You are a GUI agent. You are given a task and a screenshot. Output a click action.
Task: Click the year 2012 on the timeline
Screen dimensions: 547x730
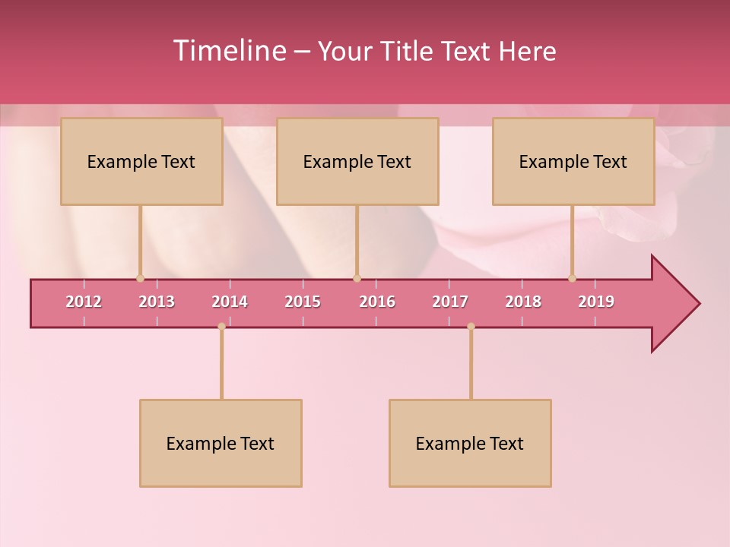coord(84,302)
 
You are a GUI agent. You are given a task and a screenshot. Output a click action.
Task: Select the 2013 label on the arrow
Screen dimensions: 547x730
coord(157,302)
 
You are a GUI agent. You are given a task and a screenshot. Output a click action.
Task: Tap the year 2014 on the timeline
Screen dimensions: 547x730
coord(230,302)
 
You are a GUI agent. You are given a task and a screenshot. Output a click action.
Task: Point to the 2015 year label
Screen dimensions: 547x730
coord(303,302)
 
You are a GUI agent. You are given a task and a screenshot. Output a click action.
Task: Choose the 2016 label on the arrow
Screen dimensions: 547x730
coord(377,302)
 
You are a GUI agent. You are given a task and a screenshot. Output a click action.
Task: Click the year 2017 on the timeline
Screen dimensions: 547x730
coord(450,302)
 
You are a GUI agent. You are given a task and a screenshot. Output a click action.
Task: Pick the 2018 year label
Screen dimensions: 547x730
coord(523,302)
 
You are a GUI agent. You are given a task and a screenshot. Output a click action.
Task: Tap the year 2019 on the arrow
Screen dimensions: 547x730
coord(596,302)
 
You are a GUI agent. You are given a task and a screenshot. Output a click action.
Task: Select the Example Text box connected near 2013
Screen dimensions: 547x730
coord(141,162)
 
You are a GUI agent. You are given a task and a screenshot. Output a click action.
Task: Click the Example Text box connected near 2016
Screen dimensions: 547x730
coord(357,162)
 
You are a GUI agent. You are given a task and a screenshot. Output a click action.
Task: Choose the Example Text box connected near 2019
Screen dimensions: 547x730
coord(573,162)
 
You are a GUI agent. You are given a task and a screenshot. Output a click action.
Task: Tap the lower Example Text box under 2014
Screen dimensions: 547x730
coord(221,444)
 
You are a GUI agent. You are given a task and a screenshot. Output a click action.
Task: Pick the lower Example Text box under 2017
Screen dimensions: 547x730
coord(470,444)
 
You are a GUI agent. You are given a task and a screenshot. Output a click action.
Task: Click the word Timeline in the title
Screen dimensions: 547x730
coord(228,51)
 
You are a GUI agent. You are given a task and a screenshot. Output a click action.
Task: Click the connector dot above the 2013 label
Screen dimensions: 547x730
coord(140,278)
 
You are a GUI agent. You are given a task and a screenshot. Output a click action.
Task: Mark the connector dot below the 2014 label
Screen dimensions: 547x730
coord(221,327)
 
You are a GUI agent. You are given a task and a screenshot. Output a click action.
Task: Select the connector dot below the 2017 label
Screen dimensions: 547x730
coord(471,327)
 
